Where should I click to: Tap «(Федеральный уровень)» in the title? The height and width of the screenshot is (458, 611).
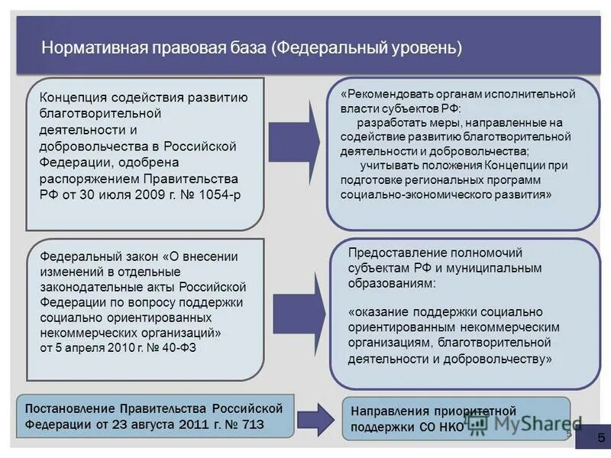(367, 47)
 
